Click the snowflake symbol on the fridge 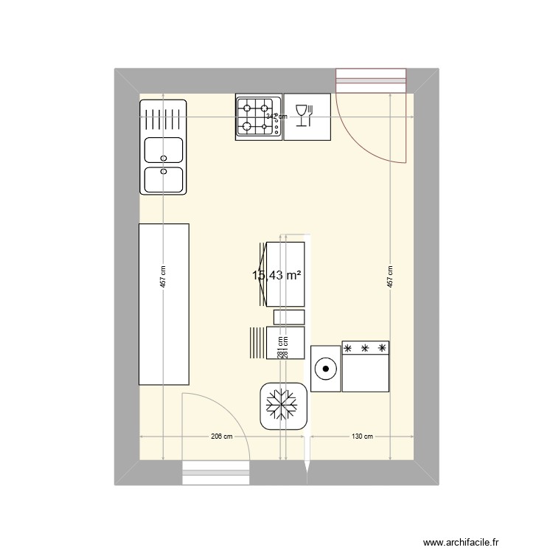pyautogui.click(x=282, y=406)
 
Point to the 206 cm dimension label pyautogui.click(x=221, y=437)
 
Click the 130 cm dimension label pyautogui.click(x=361, y=437)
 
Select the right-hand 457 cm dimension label pyautogui.click(x=390, y=277)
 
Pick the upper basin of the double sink pyautogui.click(x=164, y=150)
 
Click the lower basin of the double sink pyautogui.click(x=164, y=179)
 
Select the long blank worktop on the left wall pyautogui.click(x=164, y=304)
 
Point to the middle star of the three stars pyautogui.click(x=364, y=347)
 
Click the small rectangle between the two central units pyautogui.click(x=288, y=317)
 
